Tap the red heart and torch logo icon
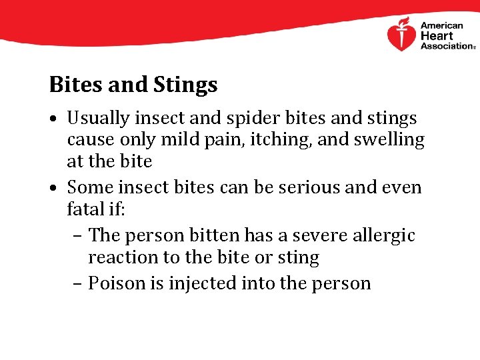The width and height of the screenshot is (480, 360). (x=401, y=35)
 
